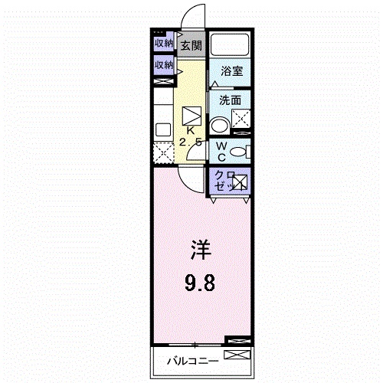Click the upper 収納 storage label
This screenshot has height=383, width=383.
163,43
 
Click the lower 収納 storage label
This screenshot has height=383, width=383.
163,66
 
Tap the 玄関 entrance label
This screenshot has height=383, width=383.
191,45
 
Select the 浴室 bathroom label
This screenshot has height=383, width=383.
231,71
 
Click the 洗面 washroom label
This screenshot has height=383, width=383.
230,100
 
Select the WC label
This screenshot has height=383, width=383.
220,150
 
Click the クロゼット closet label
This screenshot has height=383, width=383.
222,181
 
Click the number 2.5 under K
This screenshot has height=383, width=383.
191,142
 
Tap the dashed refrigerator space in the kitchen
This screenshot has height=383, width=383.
163,152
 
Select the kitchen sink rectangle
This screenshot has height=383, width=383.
162,129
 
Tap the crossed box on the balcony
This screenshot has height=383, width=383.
238,355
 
